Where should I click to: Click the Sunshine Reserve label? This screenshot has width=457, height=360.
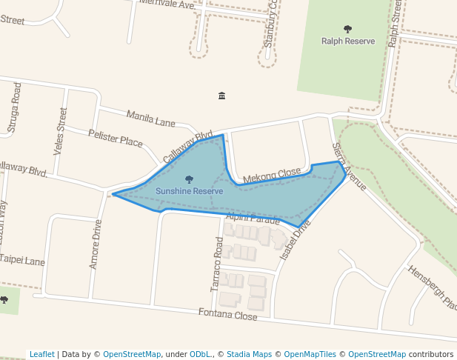(189, 191)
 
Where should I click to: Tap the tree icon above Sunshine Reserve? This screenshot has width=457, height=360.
(189, 179)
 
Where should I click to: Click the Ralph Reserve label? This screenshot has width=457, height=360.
(347, 41)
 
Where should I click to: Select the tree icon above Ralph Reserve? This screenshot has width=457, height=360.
(347, 30)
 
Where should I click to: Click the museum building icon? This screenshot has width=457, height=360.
(222, 96)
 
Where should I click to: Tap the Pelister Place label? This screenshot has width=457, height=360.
(115, 137)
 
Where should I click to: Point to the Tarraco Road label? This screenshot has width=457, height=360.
(217, 264)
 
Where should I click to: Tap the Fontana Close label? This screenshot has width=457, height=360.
(227, 315)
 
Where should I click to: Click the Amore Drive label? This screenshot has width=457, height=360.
(95, 244)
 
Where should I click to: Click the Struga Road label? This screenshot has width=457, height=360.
(13, 108)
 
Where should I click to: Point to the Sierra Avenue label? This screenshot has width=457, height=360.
(349, 167)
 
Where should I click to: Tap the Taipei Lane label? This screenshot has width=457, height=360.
(22, 261)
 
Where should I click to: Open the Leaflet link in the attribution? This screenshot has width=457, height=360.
(41, 354)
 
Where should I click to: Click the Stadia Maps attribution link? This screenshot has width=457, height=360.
(249, 354)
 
